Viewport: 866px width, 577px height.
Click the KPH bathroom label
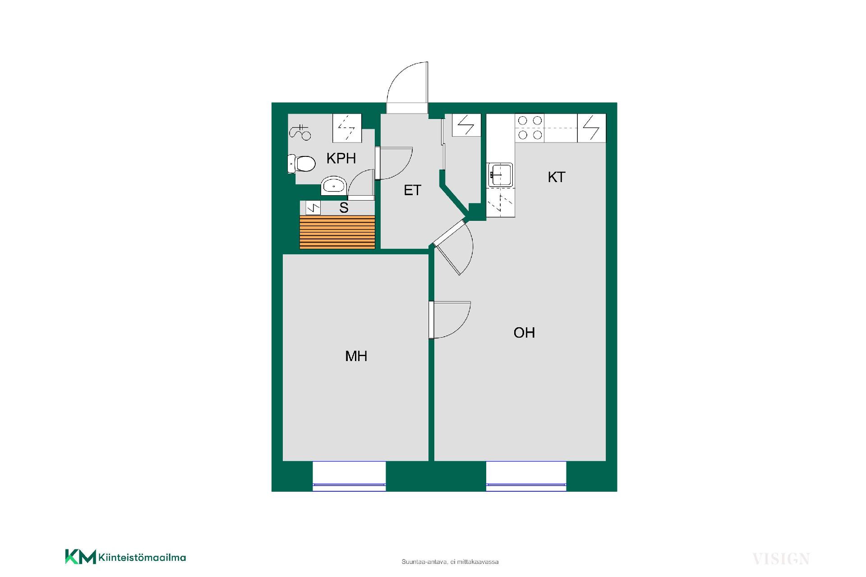coord(341,158)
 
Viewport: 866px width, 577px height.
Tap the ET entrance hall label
coord(412,190)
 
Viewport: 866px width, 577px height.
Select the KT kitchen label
coord(556,177)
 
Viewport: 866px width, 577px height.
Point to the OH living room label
coord(524,333)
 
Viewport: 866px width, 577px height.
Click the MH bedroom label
coord(356,356)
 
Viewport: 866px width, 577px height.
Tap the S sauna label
coord(344,208)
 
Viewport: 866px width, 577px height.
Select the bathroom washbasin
coord(334,186)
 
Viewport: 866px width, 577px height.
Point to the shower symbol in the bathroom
coord(300,132)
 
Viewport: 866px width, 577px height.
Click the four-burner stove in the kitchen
coord(530,128)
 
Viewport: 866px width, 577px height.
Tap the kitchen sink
coord(500,175)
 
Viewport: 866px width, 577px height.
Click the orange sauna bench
coord(337,232)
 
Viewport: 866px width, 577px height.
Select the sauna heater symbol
coord(313,208)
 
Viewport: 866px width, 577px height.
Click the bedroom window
coord(349,476)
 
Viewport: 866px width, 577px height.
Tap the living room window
coord(526,476)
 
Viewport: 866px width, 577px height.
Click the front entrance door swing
coord(407,86)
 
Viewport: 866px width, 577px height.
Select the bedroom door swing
coord(450,320)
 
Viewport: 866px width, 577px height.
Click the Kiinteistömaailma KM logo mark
coord(81,557)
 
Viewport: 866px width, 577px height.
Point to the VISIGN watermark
coord(781,559)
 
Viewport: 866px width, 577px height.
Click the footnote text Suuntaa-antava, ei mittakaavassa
coord(450,562)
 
